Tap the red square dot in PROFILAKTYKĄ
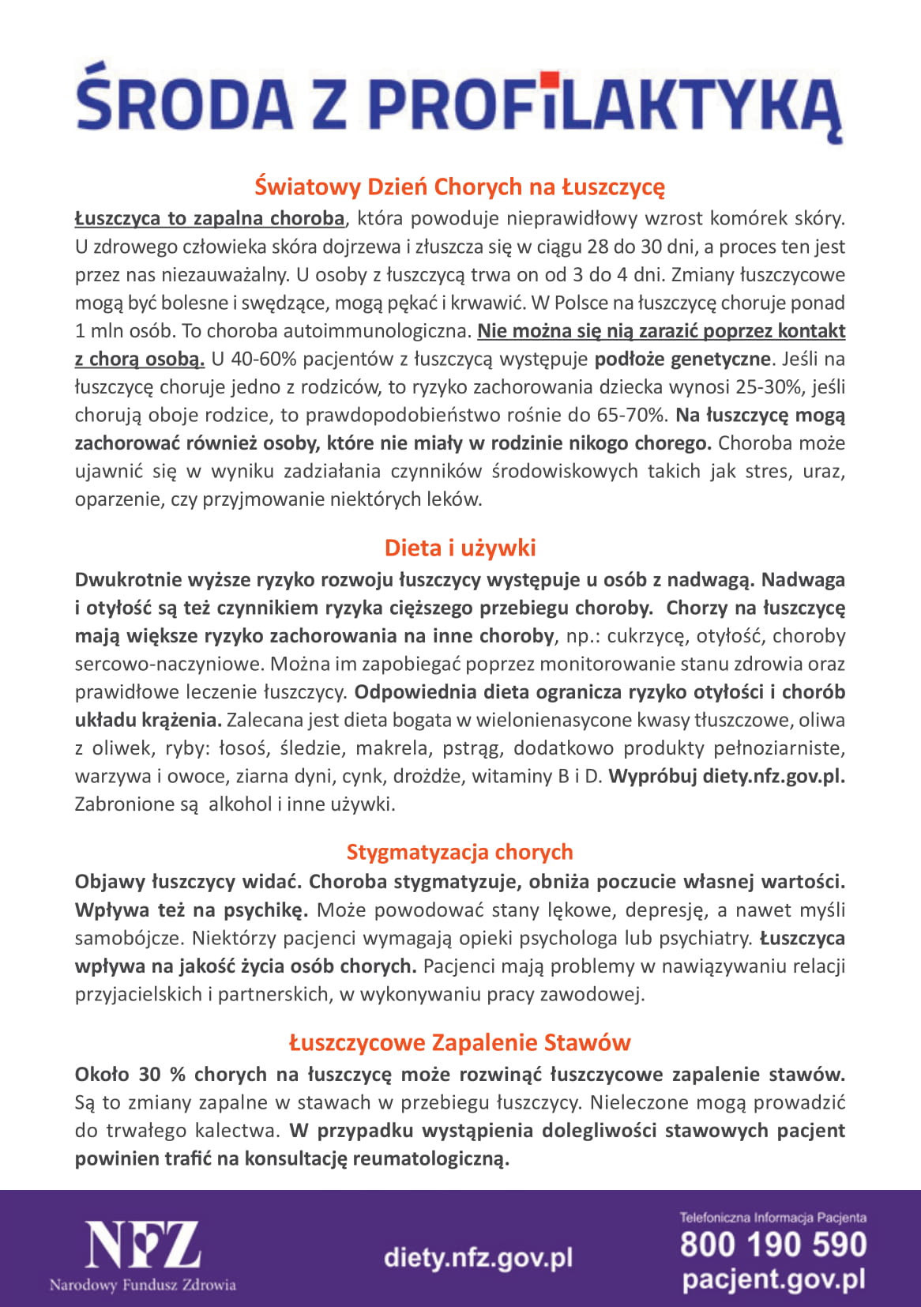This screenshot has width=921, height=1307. pyautogui.click(x=550, y=80)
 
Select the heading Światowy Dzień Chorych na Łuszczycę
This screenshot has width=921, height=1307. pyautogui.click(x=460, y=187)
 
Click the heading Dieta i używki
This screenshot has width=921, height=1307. pyautogui.click(x=460, y=548)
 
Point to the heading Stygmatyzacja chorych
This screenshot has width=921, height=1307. pyautogui.click(x=460, y=852)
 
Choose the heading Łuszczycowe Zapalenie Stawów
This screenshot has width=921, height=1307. pyautogui.click(x=460, y=1042)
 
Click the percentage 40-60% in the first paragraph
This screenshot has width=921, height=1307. pyautogui.click(x=254, y=359)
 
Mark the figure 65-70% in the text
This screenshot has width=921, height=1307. pyautogui.click(x=638, y=415)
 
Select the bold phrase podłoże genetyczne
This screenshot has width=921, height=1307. pyautogui.click(x=682, y=359)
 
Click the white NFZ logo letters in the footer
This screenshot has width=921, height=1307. pyautogui.click(x=143, y=1245)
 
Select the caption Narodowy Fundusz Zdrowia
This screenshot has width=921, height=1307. pyautogui.click(x=143, y=1285)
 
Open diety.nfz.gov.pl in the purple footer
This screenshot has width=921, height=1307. pyautogui.click(x=478, y=1257)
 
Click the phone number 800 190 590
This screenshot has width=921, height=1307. pyautogui.click(x=773, y=1244)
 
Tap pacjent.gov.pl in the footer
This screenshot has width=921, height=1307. pyautogui.click(x=773, y=1279)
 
